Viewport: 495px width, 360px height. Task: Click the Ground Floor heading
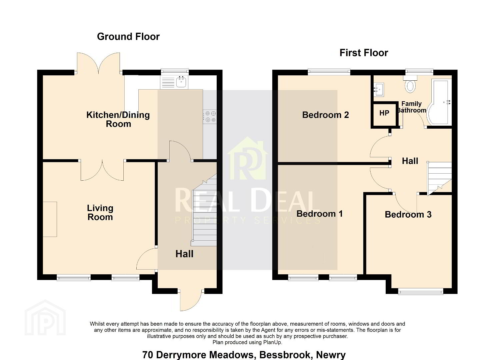tap(128, 37)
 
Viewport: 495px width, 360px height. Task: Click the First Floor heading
tap(364, 53)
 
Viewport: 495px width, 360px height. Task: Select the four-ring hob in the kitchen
tap(210, 117)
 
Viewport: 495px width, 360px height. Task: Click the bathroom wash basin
tap(379, 89)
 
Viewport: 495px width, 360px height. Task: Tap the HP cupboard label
tap(384, 113)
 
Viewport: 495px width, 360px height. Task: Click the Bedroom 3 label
tap(408, 214)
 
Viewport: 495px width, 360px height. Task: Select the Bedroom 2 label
tap(325, 115)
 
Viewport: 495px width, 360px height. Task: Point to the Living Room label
tap(100, 212)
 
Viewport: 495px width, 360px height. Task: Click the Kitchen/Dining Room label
tap(118, 119)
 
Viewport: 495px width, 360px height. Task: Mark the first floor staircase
tap(439, 178)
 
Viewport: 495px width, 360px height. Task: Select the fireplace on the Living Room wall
tap(50, 219)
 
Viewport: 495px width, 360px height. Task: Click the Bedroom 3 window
tap(421, 291)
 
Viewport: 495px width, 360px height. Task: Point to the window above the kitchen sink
tap(175, 71)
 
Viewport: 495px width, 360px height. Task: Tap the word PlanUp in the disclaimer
tap(272, 342)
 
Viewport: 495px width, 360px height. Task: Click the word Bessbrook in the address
tap(285, 355)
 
